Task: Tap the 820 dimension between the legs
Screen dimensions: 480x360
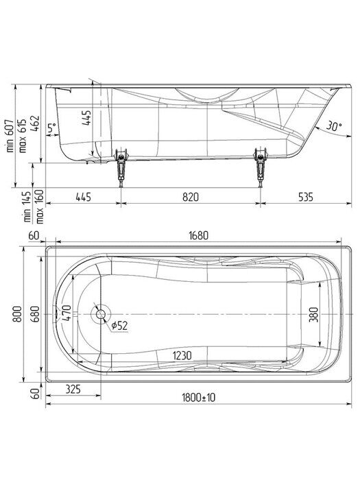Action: pos(191,197)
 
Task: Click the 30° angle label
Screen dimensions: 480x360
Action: pos(333,126)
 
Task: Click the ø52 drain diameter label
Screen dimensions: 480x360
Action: pos(121,326)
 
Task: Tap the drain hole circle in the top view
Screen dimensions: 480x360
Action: pos(101,315)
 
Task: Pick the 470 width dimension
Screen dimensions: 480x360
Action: pos(67,315)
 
